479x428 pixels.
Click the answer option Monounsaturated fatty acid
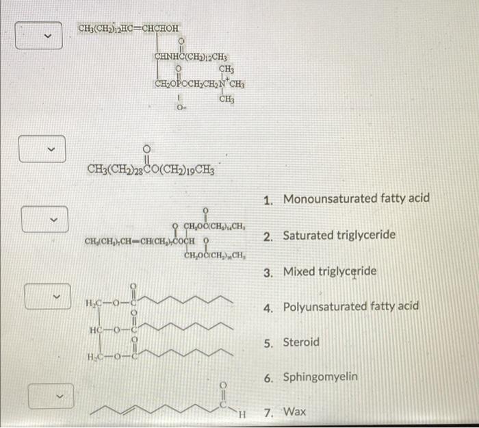(357, 199)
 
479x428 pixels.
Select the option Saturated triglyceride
(339, 236)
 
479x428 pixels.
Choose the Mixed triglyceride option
(329, 272)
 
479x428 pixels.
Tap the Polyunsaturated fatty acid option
(351, 306)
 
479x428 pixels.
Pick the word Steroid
(301, 342)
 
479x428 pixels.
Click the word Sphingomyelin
(320, 377)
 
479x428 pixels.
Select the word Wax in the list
(295, 412)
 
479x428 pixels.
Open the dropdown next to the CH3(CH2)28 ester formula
(46, 149)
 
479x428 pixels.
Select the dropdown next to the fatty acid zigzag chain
(46, 395)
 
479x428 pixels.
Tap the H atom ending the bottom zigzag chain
(241, 413)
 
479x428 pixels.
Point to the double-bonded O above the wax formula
(146, 148)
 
